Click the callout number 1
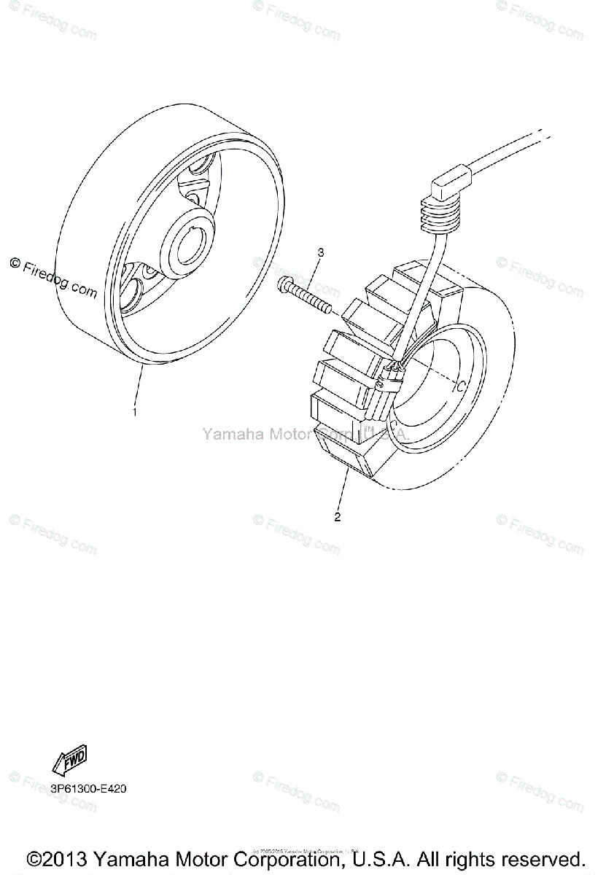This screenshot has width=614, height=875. tap(134, 412)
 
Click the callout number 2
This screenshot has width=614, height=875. tap(337, 518)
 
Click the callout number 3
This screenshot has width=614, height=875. tap(319, 252)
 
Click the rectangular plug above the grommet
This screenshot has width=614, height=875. tap(451, 184)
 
